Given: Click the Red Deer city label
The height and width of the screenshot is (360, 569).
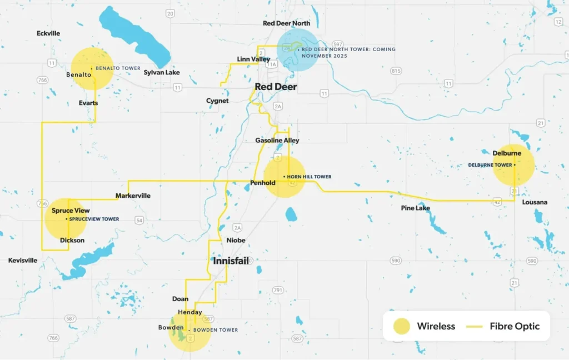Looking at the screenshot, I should pos(276,87).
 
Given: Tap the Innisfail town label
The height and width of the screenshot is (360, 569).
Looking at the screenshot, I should pos(231,261).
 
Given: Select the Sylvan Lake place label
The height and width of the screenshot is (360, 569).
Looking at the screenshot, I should pos(162,72).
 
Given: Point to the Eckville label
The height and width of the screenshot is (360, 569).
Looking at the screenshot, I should pos(48,33).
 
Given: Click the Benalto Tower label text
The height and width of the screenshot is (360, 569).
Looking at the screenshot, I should pos(118,68).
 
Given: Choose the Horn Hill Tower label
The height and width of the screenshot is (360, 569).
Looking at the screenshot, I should pos(309,177).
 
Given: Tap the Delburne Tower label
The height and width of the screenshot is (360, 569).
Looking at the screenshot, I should pos(490,165).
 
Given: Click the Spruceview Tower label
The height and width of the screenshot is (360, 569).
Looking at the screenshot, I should pos(94,219).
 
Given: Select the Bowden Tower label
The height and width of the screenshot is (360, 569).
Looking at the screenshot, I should pos(216,330).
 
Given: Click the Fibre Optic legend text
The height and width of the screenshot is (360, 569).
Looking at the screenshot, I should pos(515,326).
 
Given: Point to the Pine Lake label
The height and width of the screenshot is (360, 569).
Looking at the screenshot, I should pos(416,208).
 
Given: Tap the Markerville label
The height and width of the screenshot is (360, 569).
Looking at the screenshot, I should pos(133,196).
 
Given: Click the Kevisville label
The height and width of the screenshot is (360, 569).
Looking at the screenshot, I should pos(23,260).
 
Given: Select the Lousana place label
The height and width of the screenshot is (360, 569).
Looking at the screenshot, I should pos(535,202).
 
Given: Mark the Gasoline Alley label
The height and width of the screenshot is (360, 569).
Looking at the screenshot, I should pos(277,141).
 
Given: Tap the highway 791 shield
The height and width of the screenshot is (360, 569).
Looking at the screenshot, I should pos(278,290).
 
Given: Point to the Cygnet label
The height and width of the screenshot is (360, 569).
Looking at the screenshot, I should pos(217,101).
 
